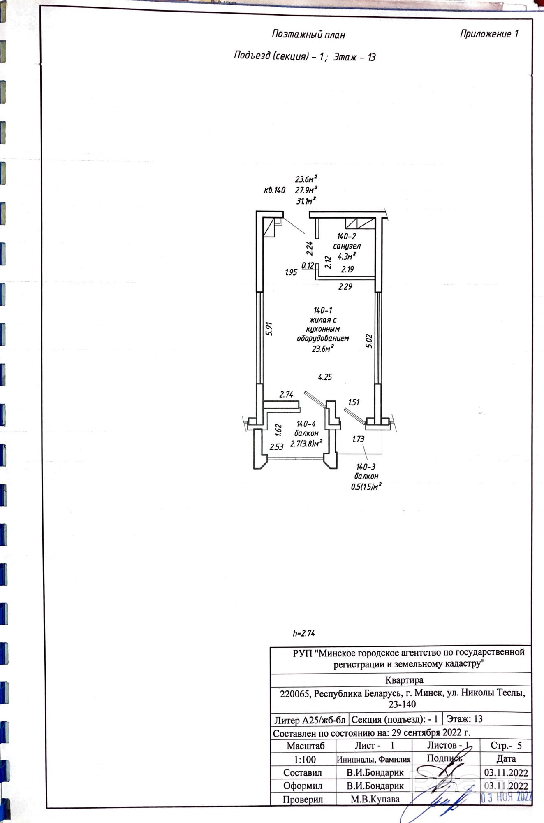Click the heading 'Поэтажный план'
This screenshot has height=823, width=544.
coord(308,35)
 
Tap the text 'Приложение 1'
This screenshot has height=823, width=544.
coord(489,34)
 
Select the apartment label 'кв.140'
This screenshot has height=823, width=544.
coord(274,191)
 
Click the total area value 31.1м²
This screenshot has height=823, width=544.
coord(306,201)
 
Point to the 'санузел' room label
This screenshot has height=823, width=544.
coord(347,246)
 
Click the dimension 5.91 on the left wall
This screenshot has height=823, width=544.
coord(269,328)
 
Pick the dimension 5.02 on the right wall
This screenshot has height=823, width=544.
coord(369,341)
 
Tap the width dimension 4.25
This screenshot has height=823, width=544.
coord(325,377)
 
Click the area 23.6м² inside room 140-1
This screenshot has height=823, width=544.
coord(322,349)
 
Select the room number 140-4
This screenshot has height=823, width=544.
coord(306,424)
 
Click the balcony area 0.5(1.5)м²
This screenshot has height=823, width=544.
coord(366,487)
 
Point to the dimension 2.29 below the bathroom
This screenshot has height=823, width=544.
coord(345,287)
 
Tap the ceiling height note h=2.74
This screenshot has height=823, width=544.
coord(304,633)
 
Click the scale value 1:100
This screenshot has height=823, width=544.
coord(303,759)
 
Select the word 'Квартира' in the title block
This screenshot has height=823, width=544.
coord(404,680)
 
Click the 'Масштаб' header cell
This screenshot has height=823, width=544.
coord(305,746)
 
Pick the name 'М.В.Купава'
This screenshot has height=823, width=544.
coord(375,799)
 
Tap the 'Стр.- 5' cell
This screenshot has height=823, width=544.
coord(506,745)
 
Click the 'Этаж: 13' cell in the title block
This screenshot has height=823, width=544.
coord(464,719)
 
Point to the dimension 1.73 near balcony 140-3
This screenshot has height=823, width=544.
coord(358,439)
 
